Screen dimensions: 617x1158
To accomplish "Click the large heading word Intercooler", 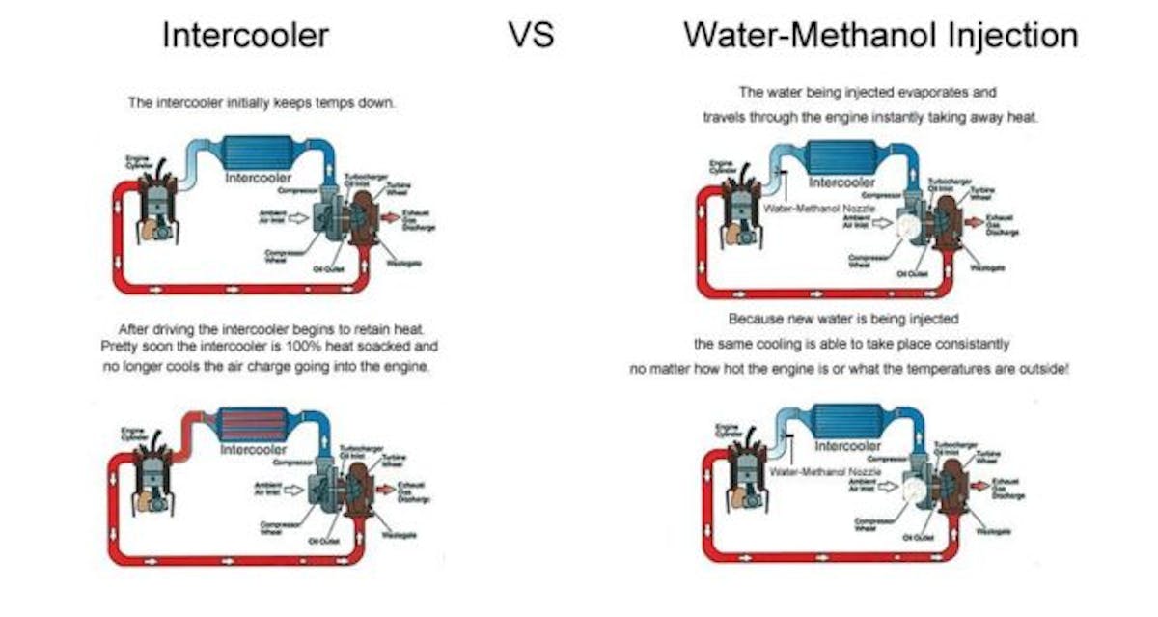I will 245,36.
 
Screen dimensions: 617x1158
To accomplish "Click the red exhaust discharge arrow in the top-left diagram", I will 388,219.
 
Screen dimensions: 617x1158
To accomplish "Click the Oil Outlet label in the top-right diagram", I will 912,274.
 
